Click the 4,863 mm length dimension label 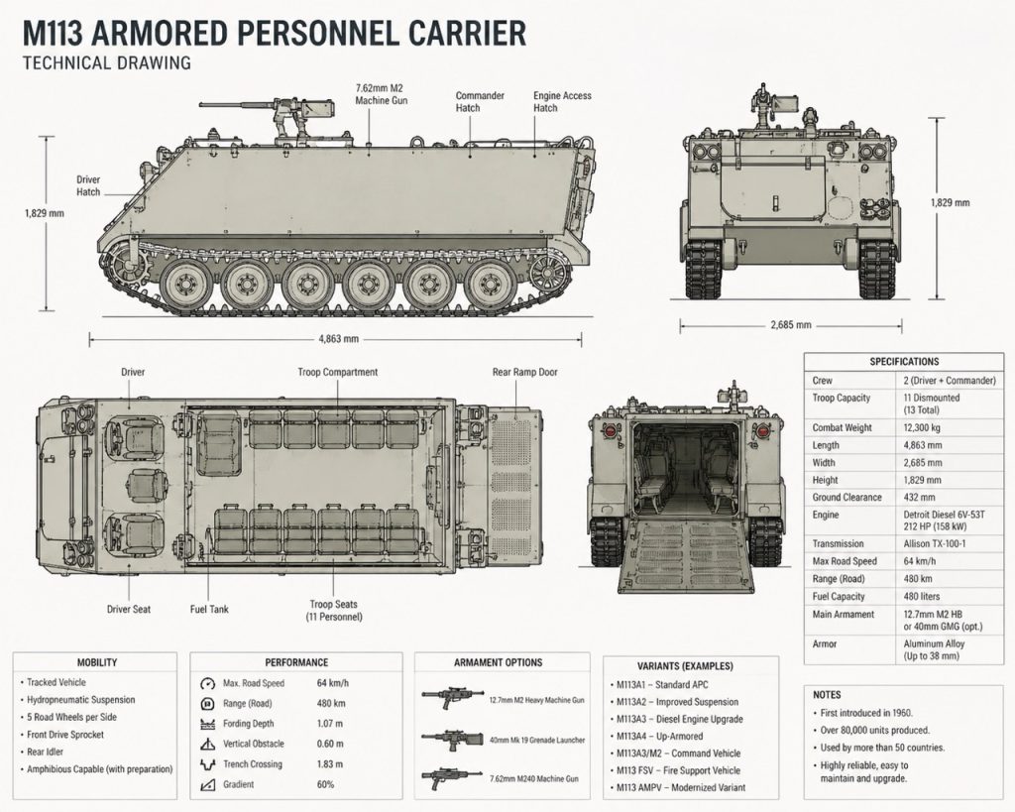(x=339, y=339)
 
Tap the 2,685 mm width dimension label (x=790, y=324)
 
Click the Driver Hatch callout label (x=88, y=185)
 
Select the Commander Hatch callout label (x=480, y=102)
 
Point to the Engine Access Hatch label (x=562, y=102)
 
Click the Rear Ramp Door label (x=525, y=373)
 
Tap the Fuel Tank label (x=209, y=610)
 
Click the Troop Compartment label (x=337, y=373)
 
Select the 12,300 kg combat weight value (x=922, y=427)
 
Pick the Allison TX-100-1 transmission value (x=934, y=544)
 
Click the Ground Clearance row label (x=846, y=498)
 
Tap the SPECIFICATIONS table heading (x=904, y=361)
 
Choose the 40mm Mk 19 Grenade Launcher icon (x=452, y=740)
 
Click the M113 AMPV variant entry (x=680, y=788)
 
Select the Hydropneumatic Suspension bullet (x=81, y=700)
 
